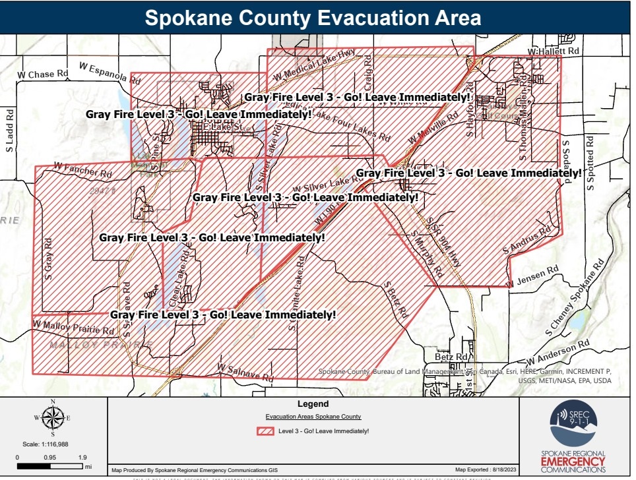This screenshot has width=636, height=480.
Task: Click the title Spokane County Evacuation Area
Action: coord(313,17)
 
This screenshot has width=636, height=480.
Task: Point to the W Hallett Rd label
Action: coord(554,51)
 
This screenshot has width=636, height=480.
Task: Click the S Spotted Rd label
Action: coord(590,162)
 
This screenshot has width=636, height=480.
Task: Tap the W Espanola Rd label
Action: coord(110,73)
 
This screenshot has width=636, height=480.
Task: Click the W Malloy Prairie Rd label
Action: coord(73,328)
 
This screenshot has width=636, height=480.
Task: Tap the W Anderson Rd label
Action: coord(557,353)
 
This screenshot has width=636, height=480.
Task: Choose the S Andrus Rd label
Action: coord(526,241)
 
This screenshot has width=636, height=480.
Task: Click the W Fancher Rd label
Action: coord(83,169)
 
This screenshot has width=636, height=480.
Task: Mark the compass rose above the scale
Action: coord(53,417)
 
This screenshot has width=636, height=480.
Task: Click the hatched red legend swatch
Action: coord(265,431)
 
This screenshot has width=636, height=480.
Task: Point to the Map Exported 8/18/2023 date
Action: coord(484,470)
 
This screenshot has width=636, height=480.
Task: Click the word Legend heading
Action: coord(313,404)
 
